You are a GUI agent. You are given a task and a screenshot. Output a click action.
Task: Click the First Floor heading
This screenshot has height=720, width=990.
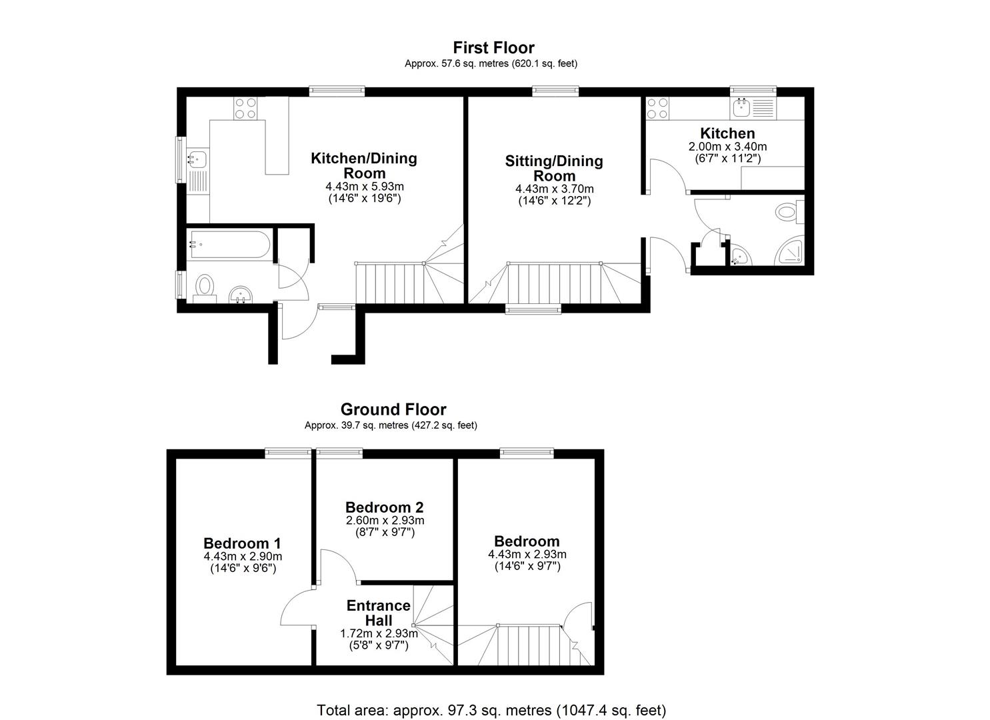(494, 48)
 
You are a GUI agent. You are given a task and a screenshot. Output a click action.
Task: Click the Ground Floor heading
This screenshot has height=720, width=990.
(393, 409)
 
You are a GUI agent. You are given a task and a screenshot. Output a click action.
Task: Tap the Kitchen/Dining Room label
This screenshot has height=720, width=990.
(364, 165)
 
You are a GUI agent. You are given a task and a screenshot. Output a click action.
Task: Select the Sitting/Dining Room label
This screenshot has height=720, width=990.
(554, 168)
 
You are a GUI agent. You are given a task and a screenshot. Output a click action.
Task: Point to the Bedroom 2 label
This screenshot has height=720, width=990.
(385, 507)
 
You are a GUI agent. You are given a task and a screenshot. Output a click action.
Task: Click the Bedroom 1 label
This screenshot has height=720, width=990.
(242, 543)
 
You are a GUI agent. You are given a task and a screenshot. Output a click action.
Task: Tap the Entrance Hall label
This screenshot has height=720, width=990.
(379, 613)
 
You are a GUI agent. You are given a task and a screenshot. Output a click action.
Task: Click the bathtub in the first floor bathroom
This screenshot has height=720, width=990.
(229, 245)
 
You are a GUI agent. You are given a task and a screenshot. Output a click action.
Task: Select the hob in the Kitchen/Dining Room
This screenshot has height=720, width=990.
(246, 108)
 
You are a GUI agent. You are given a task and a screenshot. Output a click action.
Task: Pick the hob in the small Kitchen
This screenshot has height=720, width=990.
(657, 108)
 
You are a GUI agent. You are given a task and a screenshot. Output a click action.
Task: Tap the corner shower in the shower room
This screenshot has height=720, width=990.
(789, 253)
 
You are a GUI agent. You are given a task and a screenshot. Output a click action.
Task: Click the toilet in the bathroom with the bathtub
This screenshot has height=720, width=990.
(205, 288)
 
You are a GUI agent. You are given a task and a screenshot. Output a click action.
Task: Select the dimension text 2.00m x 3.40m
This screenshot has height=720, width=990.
(727, 146)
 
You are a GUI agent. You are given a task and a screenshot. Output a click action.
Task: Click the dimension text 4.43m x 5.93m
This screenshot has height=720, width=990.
(365, 187)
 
